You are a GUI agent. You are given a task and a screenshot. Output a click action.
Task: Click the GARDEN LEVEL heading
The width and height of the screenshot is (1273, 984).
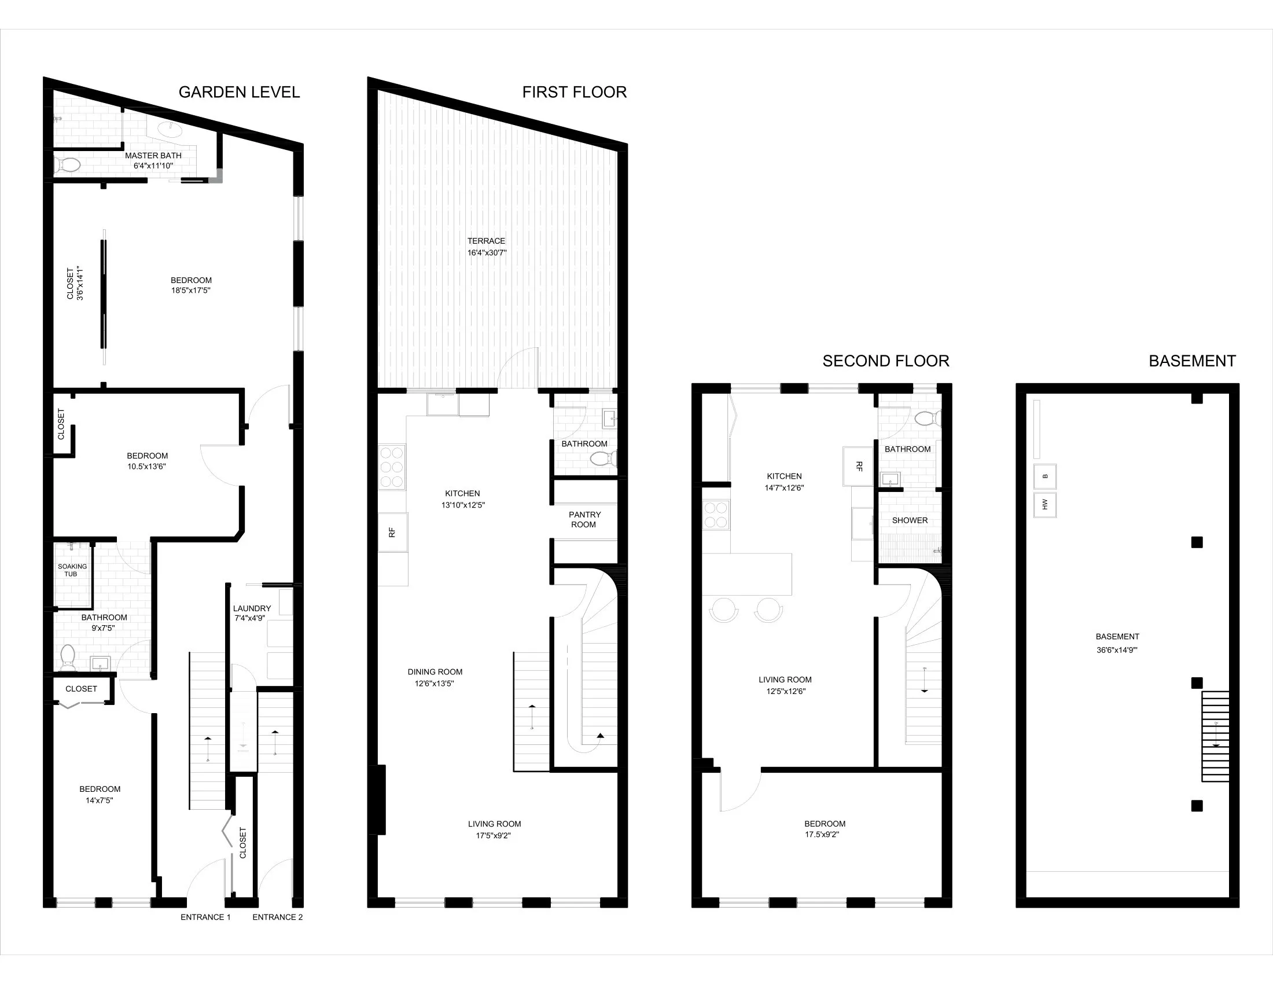[x=239, y=92]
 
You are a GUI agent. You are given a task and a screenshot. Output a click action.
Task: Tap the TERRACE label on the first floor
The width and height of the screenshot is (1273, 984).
[x=486, y=241]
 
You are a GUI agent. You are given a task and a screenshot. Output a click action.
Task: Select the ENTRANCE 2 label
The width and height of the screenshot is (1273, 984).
[x=277, y=917]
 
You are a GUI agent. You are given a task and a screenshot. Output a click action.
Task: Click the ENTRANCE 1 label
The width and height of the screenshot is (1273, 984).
[x=205, y=917]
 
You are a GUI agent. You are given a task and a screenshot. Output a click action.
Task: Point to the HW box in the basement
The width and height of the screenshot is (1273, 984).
[x=1045, y=505]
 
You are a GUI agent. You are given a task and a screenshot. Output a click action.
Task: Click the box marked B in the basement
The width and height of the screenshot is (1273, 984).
[x=1045, y=476]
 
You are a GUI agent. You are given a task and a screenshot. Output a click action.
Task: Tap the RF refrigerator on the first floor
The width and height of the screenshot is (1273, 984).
[x=392, y=532]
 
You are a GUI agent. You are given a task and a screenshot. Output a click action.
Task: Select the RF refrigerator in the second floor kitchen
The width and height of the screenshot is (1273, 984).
[x=858, y=467]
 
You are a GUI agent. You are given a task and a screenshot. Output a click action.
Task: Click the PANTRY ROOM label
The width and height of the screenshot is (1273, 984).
[x=584, y=519]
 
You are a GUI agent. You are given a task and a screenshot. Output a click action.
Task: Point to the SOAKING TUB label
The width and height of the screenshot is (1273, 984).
[x=72, y=570]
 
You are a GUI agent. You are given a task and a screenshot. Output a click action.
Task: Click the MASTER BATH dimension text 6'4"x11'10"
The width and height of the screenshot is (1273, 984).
[x=153, y=166]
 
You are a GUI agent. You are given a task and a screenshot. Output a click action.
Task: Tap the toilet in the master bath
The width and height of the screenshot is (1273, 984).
[x=68, y=166]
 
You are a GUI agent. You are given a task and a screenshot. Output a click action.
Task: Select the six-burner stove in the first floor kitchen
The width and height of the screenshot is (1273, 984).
[x=392, y=467]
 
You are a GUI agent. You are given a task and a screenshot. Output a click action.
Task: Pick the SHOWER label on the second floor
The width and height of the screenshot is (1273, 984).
[x=909, y=520]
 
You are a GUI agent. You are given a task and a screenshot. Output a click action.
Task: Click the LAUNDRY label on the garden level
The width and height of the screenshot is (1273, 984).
[x=252, y=608]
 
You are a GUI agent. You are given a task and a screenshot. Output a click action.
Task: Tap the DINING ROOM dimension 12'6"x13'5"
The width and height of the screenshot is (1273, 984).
[x=435, y=683]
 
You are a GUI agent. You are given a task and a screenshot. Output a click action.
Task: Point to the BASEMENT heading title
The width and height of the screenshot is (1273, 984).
[x=1192, y=361]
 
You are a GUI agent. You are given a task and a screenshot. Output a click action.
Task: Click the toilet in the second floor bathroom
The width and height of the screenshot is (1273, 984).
[x=926, y=418]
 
